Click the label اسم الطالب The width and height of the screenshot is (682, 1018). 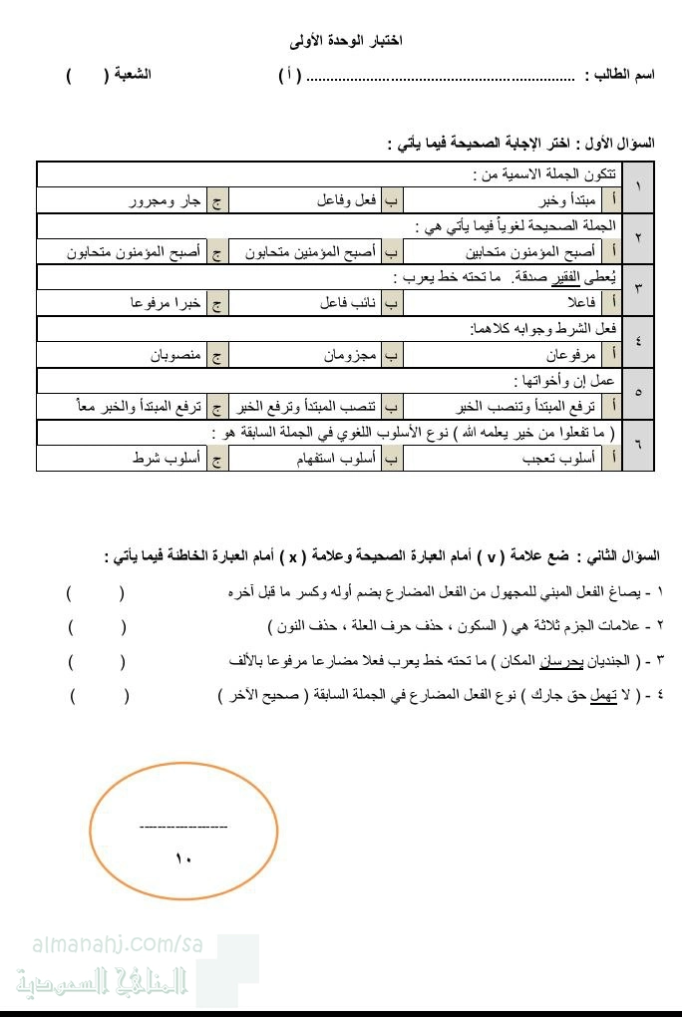coord(619,76)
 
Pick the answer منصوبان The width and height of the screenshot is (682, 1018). coord(175,355)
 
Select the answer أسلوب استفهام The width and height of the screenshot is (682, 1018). coord(338,458)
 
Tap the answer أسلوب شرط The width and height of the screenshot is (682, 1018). coord(167,458)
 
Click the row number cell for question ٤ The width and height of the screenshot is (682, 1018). coord(639,341)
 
